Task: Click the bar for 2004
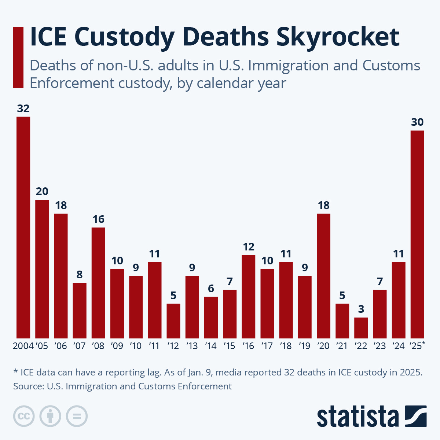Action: point(23,227)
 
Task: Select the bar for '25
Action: point(417,234)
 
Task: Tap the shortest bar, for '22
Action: point(361,328)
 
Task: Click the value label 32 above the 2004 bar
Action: point(23,109)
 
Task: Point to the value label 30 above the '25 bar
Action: point(417,122)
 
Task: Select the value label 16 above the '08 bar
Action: point(98,219)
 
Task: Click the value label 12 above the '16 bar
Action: point(248,247)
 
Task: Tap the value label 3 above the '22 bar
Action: point(361,309)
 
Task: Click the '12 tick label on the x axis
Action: point(173,346)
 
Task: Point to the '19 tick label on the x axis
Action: point(304,346)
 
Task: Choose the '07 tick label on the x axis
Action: point(79,346)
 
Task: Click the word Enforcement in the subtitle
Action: point(72,83)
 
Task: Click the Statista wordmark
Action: point(358,417)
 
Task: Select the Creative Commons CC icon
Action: point(24,416)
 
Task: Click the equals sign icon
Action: point(77,416)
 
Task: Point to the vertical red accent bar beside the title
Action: point(18,57)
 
